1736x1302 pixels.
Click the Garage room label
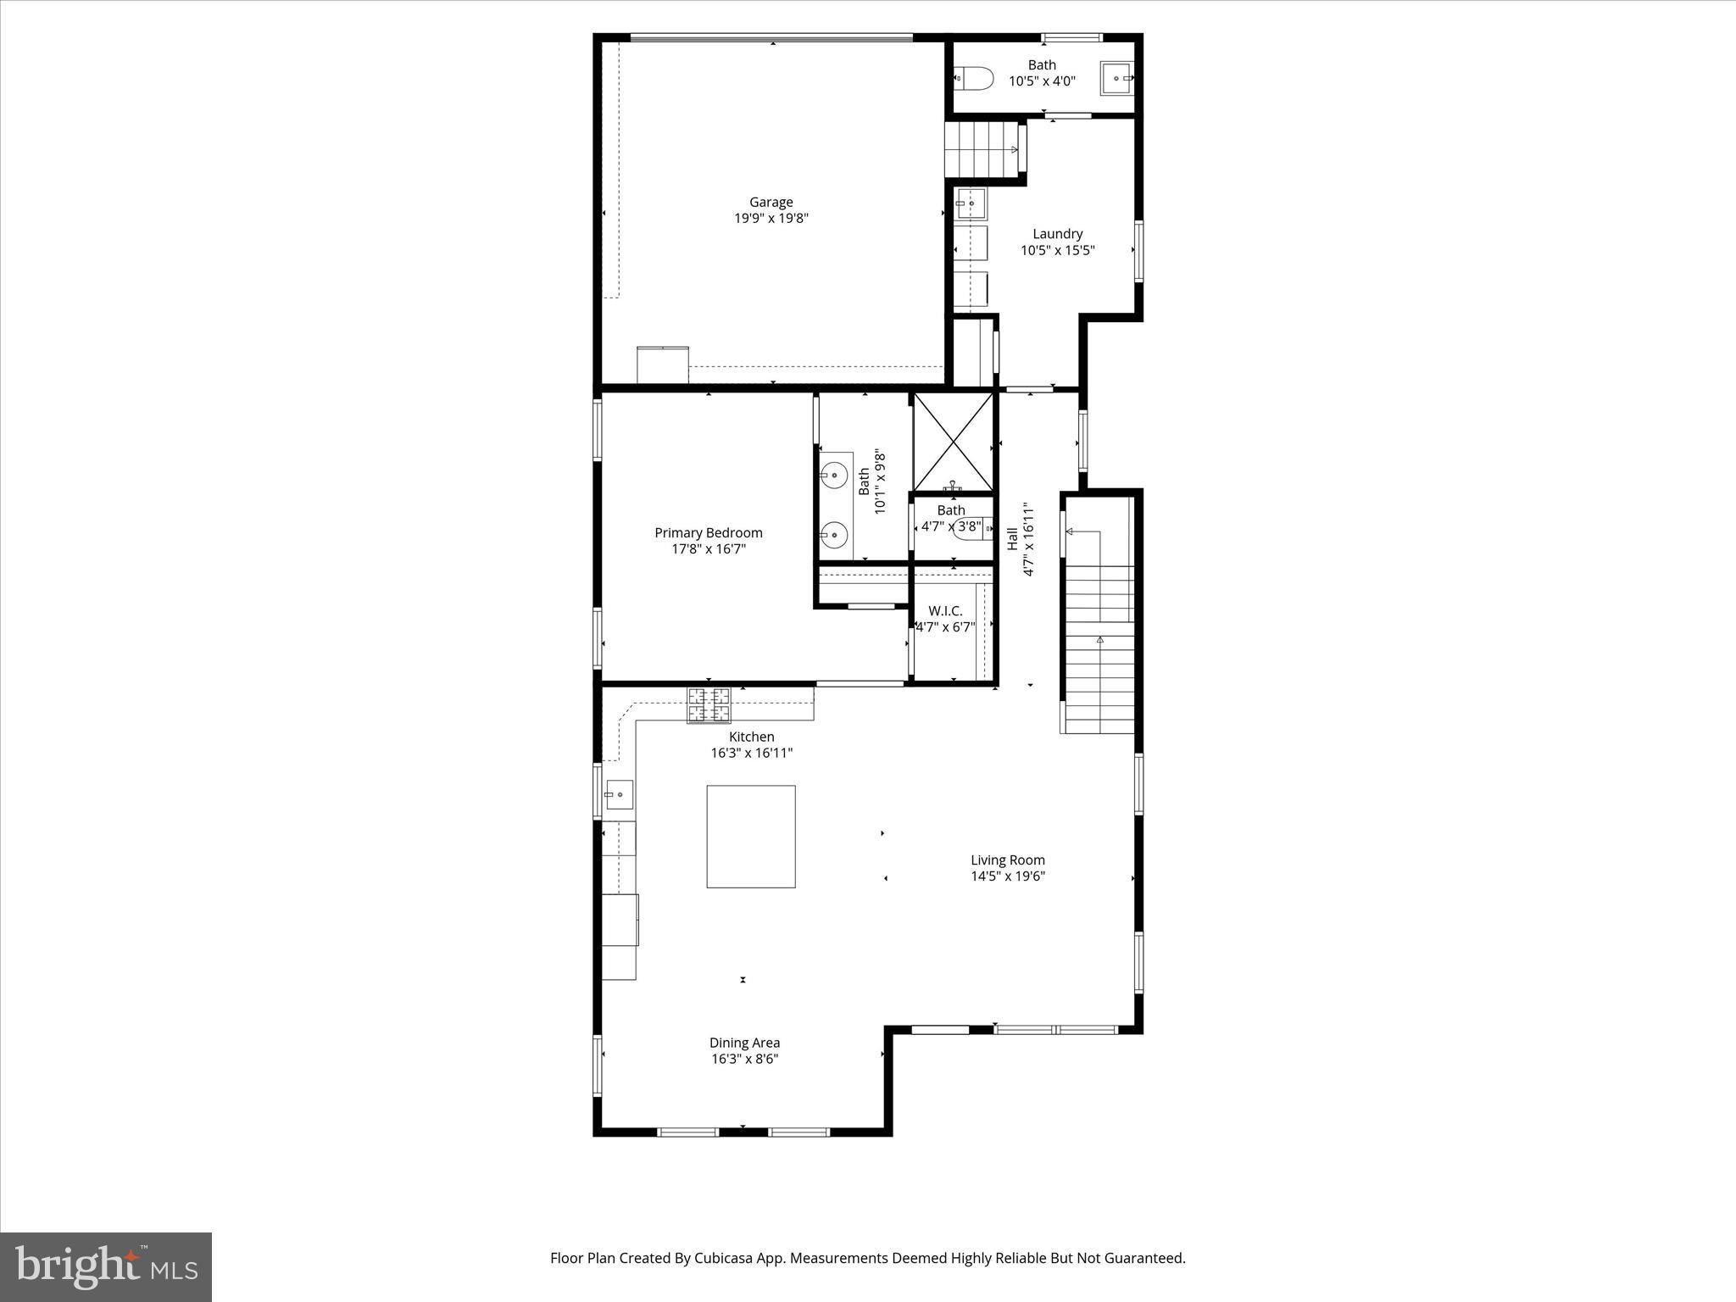point(771,203)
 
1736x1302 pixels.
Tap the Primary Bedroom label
point(709,533)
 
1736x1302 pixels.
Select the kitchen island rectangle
point(751,837)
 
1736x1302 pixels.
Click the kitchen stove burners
point(709,705)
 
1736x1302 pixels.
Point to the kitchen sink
point(619,794)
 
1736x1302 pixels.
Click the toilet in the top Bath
point(974,79)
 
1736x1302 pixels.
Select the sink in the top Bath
point(1118,77)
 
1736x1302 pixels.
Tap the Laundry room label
point(1057,234)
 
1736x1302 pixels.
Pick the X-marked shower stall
point(953,442)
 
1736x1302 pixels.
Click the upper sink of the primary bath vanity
point(836,476)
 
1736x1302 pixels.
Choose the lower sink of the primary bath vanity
point(836,535)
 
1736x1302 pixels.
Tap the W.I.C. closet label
point(945,611)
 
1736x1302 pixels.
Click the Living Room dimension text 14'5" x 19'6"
point(1008,876)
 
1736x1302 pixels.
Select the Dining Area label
point(744,1043)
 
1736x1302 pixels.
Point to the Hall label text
point(1012,539)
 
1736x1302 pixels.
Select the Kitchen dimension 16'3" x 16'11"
point(751,753)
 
